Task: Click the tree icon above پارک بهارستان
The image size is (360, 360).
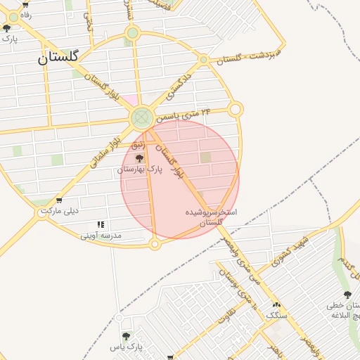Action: pyautogui.click(x=139, y=157)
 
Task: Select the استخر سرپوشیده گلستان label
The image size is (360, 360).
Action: pyautogui.click(x=211, y=217)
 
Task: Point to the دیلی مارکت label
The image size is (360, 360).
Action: pyautogui.click(x=60, y=211)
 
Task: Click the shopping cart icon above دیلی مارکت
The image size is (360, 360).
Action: pyautogui.click(x=58, y=200)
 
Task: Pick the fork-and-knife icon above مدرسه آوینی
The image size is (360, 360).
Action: pyautogui.click(x=101, y=224)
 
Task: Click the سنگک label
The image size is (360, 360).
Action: pyautogui.click(x=276, y=316)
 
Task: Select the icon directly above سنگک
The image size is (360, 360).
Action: pyautogui.click(x=276, y=305)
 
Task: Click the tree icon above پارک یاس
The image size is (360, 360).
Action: pyautogui.click(x=126, y=336)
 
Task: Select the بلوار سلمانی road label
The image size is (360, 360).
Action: pyautogui.click(x=106, y=150)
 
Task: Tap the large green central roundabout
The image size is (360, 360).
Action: pyautogui.click(x=143, y=117)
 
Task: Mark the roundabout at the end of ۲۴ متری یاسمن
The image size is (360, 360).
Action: pyautogui.click(x=236, y=110)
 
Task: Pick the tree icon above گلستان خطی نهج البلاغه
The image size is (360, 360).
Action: pyautogui.click(x=347, y=295)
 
